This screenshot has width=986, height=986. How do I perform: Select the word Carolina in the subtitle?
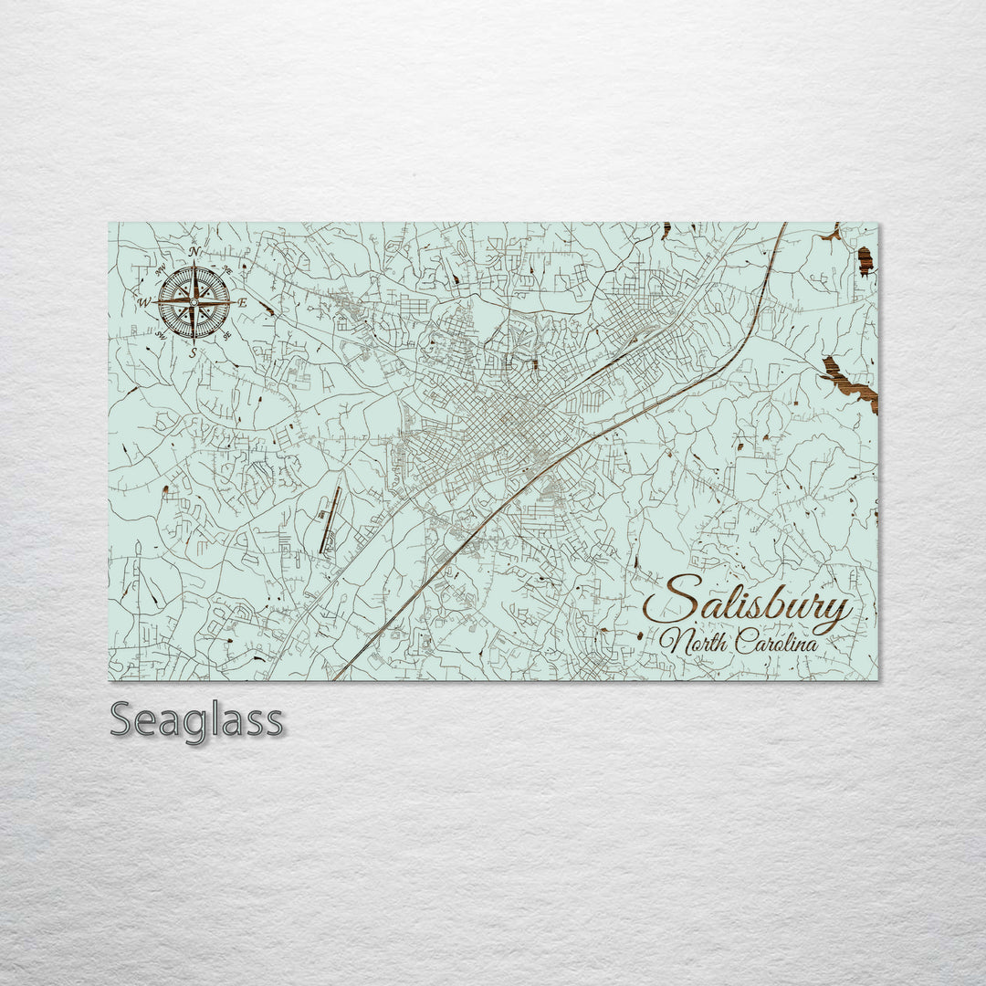(774, 642)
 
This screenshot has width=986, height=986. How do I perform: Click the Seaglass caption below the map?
(196, 721)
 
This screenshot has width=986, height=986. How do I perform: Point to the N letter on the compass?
(194, 252)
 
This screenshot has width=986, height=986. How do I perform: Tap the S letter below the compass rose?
(194, 351)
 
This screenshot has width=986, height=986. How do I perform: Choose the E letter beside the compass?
(242, 302)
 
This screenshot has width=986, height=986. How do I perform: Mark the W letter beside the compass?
(144, 302)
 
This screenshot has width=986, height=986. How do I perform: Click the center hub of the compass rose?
(194, 302)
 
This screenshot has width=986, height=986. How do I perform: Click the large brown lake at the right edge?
(849, 384)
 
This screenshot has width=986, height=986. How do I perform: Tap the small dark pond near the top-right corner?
(865, 261)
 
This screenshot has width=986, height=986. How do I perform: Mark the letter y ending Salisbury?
(835, 610)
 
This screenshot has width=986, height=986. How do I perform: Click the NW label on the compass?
(161, 269)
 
